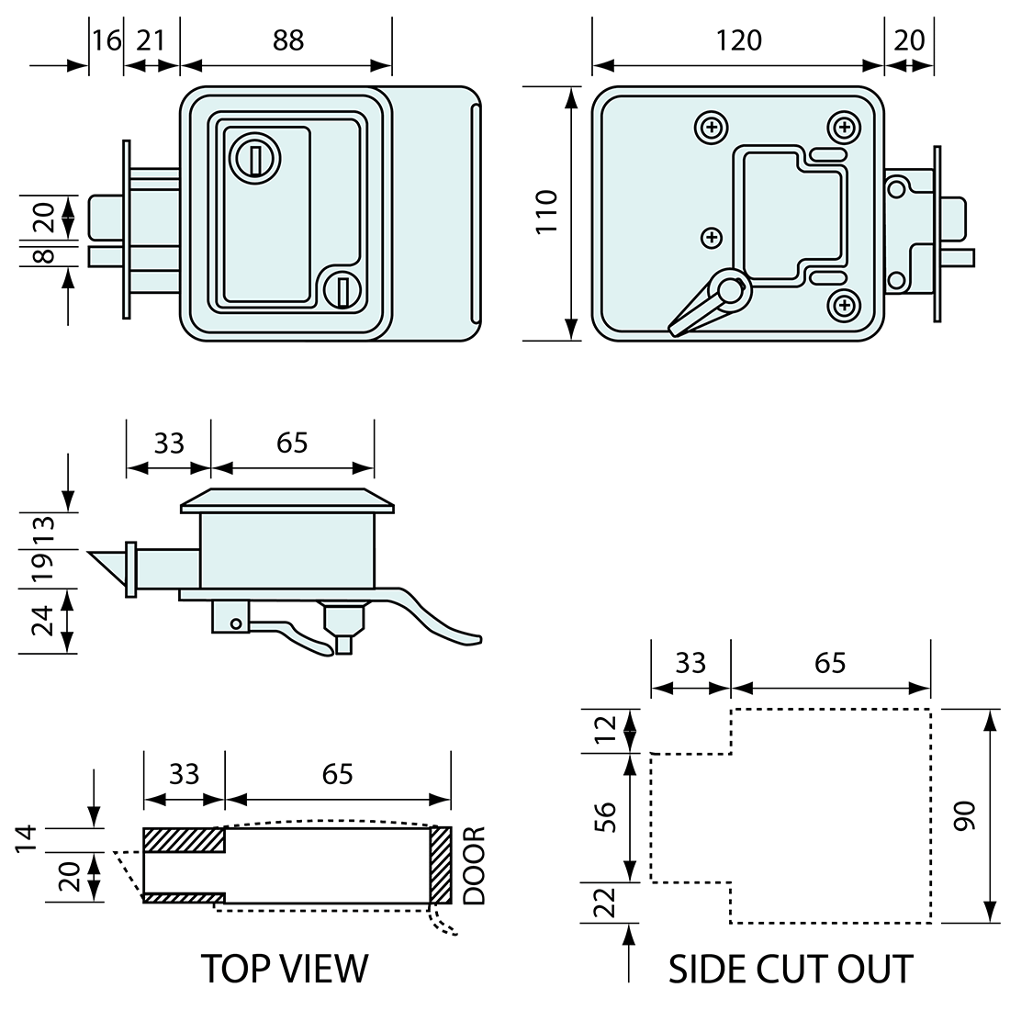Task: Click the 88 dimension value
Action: (x=288, y=40)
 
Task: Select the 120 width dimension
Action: (x=739, y=40)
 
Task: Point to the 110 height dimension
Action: (x=547, y=212)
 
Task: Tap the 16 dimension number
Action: (x=107, y=40)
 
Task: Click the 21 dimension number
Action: (x=151, y=40)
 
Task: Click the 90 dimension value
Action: (x=963, y=815)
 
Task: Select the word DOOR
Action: (x=474, y=866)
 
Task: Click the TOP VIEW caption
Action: (x=285, y=969)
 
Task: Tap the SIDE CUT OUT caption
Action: (x=791, y=969)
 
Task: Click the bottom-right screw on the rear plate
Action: (x=843, y=304)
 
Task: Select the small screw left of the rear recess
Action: (x=711, y=238)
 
